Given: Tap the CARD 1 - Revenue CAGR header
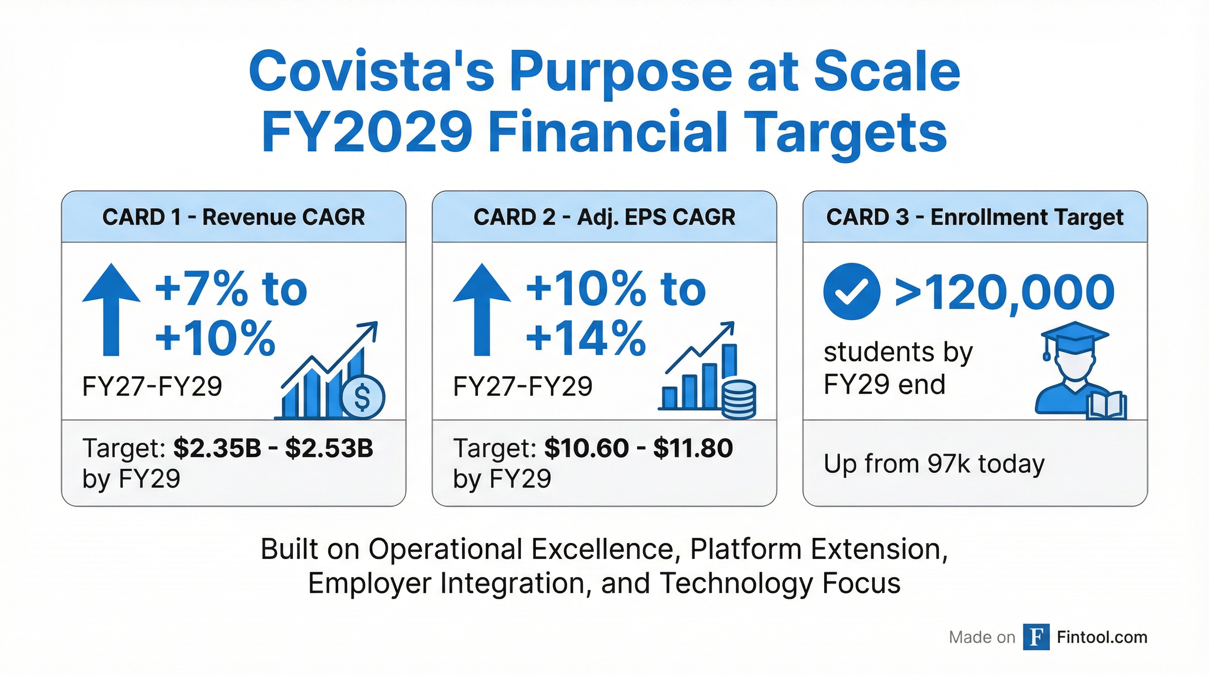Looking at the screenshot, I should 233,218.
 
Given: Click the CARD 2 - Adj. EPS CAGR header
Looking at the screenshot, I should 604,218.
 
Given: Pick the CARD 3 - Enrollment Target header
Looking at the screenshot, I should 975,218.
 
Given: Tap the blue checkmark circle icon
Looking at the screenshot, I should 851,291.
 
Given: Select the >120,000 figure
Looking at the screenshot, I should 1004,292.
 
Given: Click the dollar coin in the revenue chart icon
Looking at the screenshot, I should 362,397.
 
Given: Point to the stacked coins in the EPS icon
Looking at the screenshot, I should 739,399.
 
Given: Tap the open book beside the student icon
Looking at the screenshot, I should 1106,406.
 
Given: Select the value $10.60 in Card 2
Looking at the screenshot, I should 586,448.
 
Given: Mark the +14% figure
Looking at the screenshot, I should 585,338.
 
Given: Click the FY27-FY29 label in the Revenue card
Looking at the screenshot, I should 152,387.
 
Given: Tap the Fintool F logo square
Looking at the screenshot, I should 1036,637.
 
